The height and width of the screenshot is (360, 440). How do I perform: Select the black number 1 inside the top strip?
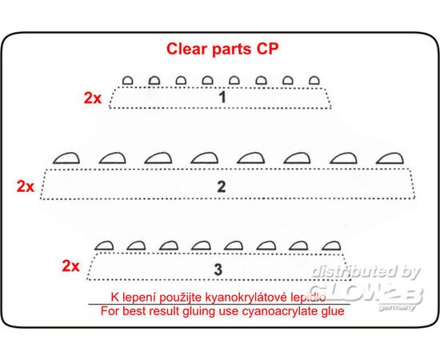pos(222,97)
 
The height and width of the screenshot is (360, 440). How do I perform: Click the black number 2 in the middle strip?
pos(222,186)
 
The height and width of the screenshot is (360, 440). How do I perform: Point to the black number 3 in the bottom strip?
pos(218,269)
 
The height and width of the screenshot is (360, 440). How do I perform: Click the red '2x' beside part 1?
pos(93,98)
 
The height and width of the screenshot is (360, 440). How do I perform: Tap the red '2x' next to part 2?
pos(26,186)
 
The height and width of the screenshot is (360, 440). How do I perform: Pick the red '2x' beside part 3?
pos(70,266)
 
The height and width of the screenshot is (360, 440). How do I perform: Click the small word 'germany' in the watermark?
pos(397,307)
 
